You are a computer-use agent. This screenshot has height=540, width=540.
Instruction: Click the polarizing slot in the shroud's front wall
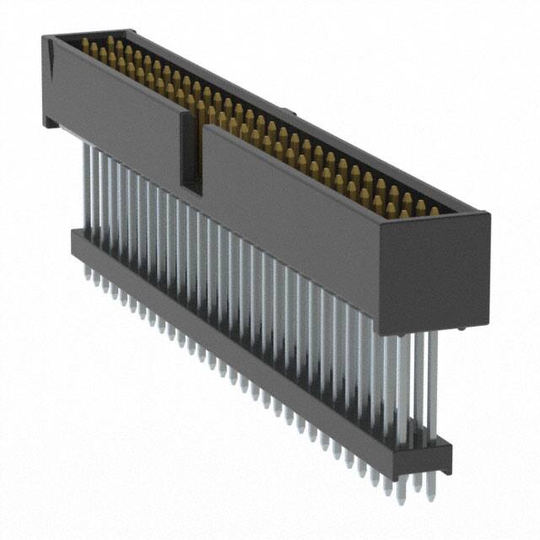(191, 152)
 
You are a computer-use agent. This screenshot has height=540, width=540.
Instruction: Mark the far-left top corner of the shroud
(45, 35)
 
